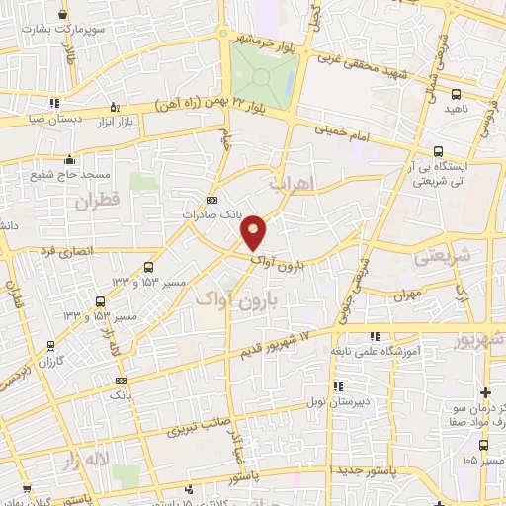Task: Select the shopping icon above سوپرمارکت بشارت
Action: pyautogui.click(x=65, y=15)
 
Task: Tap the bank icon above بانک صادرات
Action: pyautogui.click(x=211, y=200)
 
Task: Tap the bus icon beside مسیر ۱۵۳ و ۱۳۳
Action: pyautogui.click(x=148, y=266)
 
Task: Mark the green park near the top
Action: pyautogui.click(x=264, y=70)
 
